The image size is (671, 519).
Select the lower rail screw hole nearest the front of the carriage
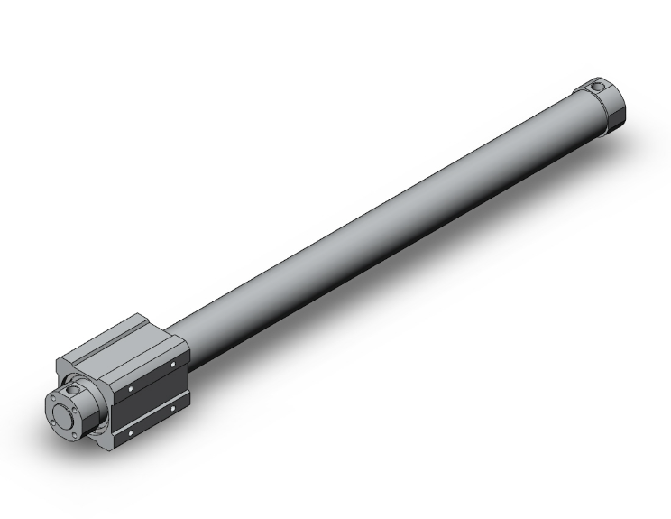(x=132, y=431)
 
